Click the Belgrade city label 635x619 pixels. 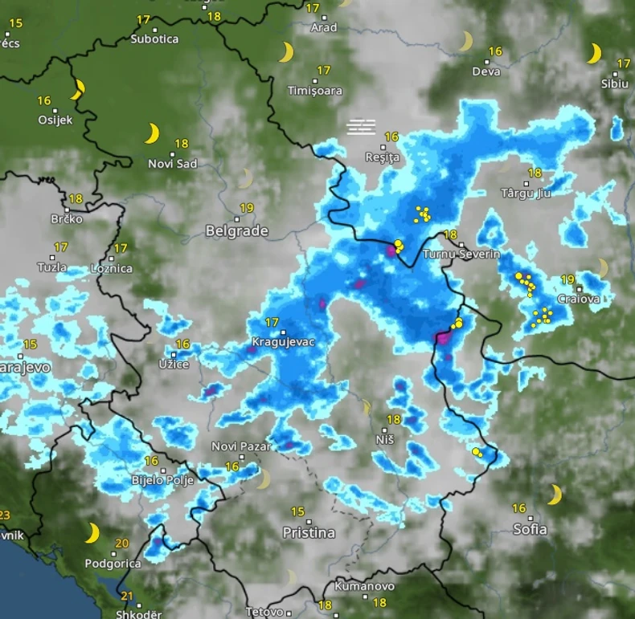[x=236, y=231]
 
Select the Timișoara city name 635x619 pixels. [x=315, y=91]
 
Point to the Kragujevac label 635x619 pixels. [x=283, y=342]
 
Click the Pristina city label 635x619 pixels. [x=309, y=532]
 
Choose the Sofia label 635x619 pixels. [x=530, y=529]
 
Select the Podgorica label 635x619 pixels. [x=113, y=564]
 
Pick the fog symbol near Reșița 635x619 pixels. [x=362, y=125]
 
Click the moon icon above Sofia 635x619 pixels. [x=555, y=494]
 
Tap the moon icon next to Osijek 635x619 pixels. [x=78, y=89]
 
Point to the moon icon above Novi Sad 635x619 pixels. [x=152, y=133]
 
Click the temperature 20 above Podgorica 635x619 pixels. [x=121, y=544]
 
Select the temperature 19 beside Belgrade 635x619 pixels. [x=247, y=208]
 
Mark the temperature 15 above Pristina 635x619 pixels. [x=297, y=511]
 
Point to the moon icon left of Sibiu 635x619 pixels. [x=594, y=53]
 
